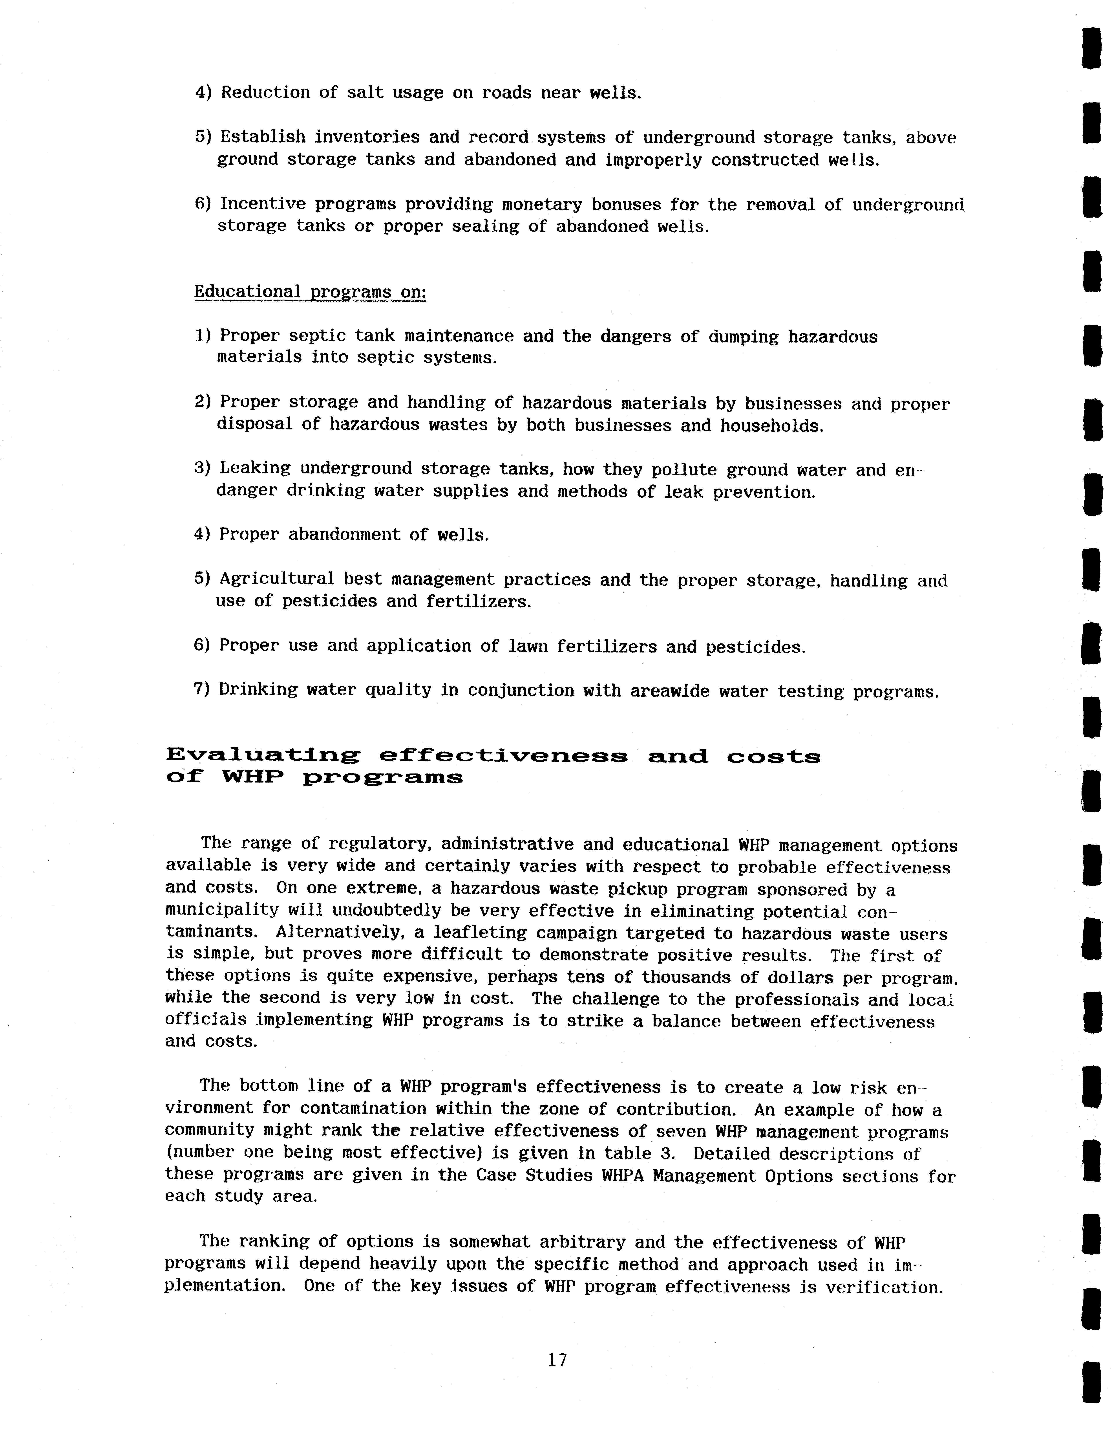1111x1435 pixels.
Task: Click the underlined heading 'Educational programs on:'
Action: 310,292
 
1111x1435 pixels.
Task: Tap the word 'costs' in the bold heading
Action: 773,756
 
